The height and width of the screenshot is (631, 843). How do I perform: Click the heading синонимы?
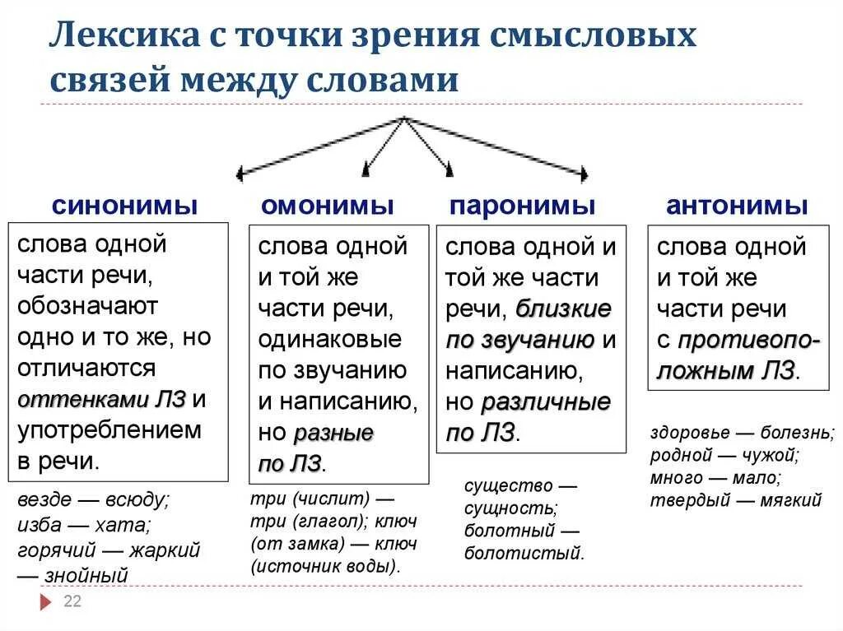tap(124, 206)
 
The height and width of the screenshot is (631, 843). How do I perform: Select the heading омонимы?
tap(328, 206)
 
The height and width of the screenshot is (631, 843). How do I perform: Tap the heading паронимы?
tap(522, 206)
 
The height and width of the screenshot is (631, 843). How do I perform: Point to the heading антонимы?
tap(737, 206)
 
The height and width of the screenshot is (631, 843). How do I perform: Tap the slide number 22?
tap(72, 601)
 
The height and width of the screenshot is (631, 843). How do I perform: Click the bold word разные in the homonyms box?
tap(333, 434)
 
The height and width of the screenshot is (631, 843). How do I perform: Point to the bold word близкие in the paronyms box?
tap(564, 309)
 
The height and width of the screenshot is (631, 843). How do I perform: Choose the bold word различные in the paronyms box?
tap(546, 403)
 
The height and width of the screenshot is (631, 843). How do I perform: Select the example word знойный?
tap(87, 575)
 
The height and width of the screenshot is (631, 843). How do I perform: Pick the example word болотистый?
tap(523, 553)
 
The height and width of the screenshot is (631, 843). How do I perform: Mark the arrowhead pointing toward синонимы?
tap(240, 173)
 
